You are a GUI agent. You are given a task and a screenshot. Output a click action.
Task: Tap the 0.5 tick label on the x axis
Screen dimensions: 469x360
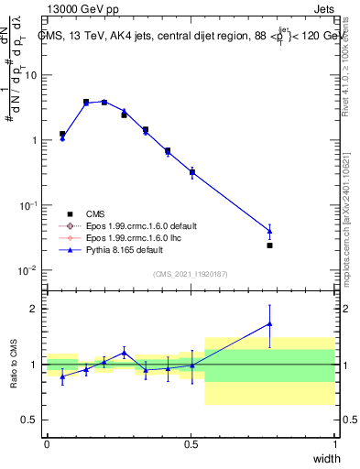(x=191, y=444)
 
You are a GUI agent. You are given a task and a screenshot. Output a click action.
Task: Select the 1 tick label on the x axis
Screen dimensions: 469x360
(x=334, y=444)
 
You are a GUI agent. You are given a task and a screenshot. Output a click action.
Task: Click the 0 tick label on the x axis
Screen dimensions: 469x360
(x=47, y=444)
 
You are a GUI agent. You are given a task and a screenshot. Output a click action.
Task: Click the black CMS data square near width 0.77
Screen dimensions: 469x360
(x=269, y=245)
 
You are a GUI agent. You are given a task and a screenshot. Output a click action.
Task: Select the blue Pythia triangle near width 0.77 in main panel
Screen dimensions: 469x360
(x=269, y=230)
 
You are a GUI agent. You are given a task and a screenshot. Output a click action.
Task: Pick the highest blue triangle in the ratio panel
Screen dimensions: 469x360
(x=269, y=322)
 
